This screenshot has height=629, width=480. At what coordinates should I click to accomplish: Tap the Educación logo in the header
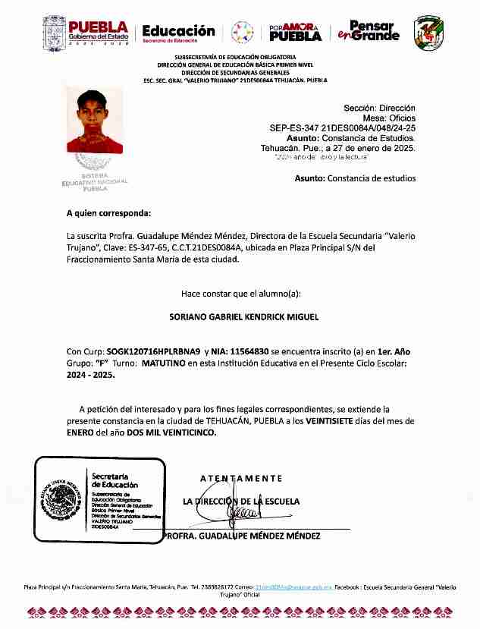(x=178, y=33)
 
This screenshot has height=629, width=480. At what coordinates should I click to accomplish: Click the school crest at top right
(x=428, y=32)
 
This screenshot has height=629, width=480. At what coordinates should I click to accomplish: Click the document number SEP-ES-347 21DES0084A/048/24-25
(x=342, y=129)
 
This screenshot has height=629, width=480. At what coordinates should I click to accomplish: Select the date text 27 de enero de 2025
(x=377, y=149)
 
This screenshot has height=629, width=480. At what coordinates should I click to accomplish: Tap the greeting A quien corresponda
(x=108, y=214)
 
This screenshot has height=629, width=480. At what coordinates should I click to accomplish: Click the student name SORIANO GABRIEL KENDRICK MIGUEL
(x=233, y=316)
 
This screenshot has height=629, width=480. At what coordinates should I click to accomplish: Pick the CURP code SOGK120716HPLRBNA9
(x=153, y=352)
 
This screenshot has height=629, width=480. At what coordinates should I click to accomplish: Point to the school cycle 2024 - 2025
(x=90, y=375)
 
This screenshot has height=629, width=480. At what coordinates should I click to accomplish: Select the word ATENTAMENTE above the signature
(x=240, y=478)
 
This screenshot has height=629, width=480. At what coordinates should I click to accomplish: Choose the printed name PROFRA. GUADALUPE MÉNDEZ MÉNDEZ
(x=243, y=536)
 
